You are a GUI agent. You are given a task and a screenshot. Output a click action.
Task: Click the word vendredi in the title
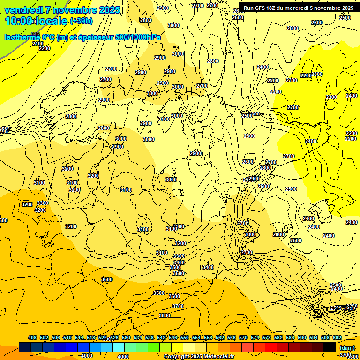click(24, 10)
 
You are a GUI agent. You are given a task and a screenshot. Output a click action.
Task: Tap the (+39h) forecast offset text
click(81, 21)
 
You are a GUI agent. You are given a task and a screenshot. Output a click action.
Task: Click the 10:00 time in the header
click(19, 21)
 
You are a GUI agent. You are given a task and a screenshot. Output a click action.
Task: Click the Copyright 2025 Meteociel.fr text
click(200, 356)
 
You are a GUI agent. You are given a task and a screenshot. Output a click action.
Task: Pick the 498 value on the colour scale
click(32, 337)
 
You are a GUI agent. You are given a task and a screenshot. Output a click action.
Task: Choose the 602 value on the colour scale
click(337, 337)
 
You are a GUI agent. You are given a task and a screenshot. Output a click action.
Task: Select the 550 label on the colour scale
click(185, 337)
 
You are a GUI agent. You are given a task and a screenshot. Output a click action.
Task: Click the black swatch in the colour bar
click(330, 347)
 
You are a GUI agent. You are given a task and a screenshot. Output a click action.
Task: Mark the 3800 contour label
click(164, 315)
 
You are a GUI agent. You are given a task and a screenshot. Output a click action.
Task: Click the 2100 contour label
click(38, 44)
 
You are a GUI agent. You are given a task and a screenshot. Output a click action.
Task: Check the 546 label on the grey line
click(35, 34)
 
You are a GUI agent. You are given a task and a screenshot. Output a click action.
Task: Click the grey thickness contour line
click(14, 51)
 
